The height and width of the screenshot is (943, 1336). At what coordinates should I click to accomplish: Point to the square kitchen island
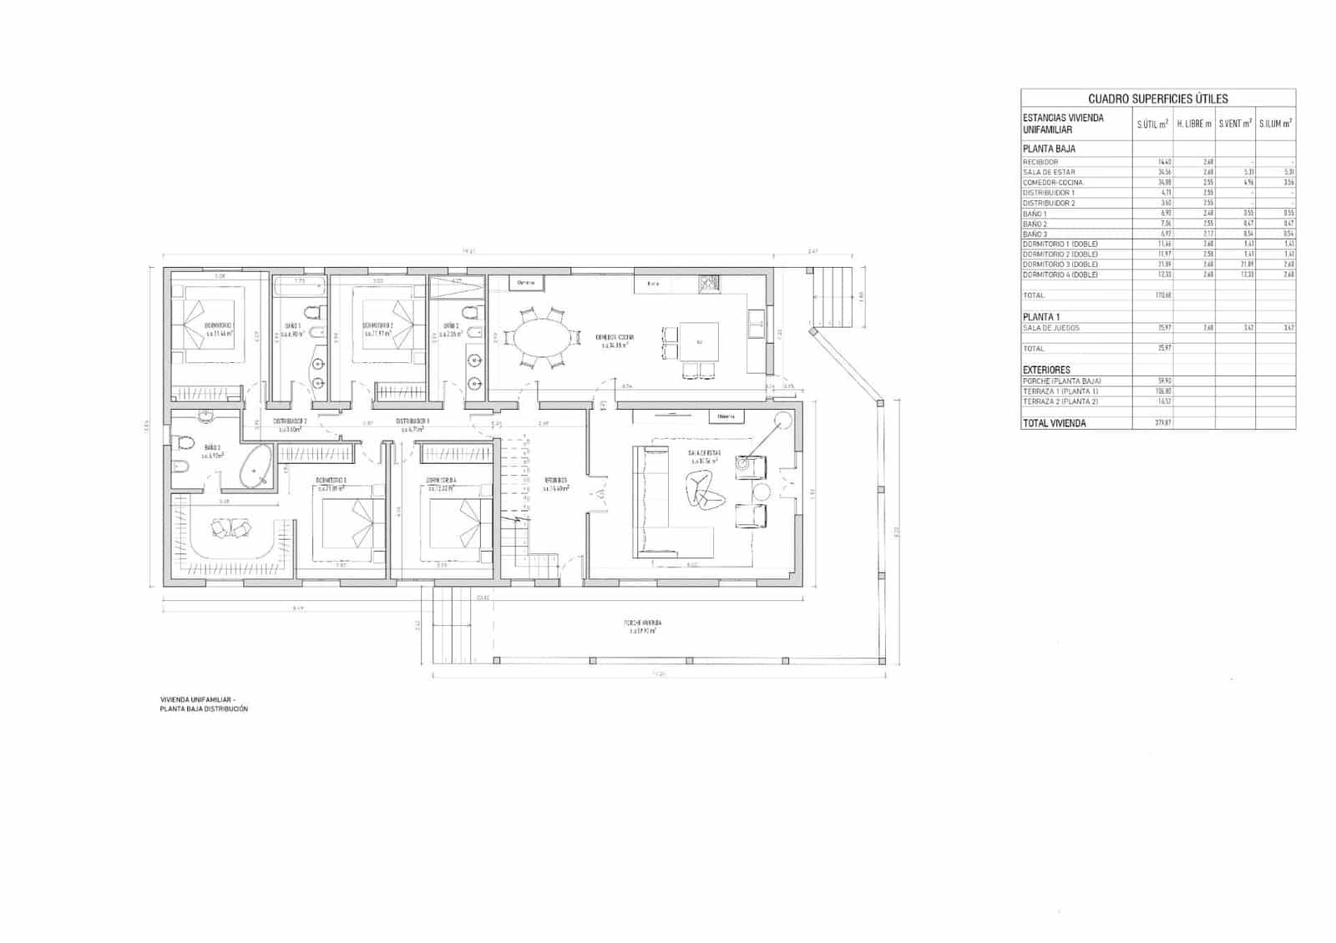click(x=700, y=342)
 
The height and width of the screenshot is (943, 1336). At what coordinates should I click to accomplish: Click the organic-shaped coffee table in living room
click(x=701, y=489)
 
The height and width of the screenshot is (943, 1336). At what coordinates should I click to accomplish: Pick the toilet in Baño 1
click(x=311, y=315)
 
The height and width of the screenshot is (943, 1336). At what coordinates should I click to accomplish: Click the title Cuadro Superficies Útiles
click(x=1157, y=98)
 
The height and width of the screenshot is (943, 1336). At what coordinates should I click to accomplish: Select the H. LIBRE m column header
click(x=1194, y=124)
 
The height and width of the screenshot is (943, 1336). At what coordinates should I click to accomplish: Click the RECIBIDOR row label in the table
click(x=1040, y=162)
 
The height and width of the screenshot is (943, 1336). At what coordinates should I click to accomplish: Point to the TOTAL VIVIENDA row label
click(x=1054, y=423)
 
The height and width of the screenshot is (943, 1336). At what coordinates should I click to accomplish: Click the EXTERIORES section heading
click(x=1046, y=370)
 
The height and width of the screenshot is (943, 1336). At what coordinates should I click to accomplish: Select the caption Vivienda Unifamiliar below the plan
click(x=198, y=699)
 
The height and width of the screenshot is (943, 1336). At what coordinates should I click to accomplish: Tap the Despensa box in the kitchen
click(x=526, y=283)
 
